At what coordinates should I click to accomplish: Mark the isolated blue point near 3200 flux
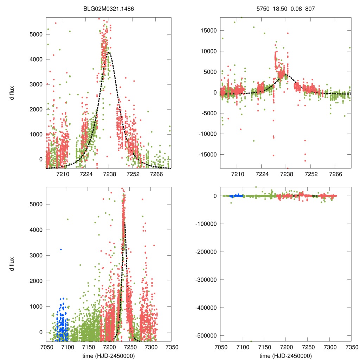click(61, 249)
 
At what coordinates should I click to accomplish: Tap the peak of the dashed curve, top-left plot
click(109, 52)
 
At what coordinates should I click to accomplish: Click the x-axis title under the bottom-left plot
click(109, 356)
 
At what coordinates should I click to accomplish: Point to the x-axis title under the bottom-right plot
click(285, 356)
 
